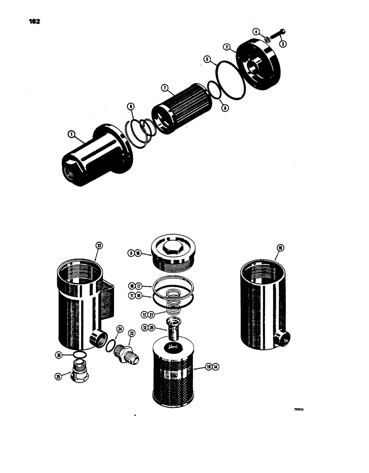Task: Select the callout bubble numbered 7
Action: click(x=164, y=88)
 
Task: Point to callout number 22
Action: click(x=99, y=245)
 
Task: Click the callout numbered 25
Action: click(x=58, y=377)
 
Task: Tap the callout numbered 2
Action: click(x=227, y=47)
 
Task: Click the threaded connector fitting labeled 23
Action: click(x=127, y=352)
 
